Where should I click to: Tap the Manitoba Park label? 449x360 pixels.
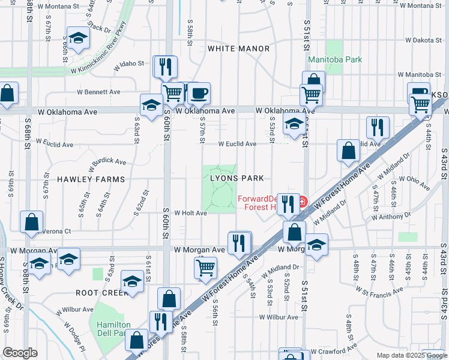tap(335, 60)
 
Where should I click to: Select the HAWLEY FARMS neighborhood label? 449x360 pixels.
tap(91, 179)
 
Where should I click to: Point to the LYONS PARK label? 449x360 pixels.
tap(237, 178)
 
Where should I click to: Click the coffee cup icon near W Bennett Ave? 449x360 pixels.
tap(199, 94)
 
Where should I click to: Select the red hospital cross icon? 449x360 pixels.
tap(303, 200)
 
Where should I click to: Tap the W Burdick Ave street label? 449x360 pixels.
tap(108, 162)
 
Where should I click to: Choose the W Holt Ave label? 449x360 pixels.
tap(190, 212)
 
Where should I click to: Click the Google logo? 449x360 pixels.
tap(20, 353)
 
